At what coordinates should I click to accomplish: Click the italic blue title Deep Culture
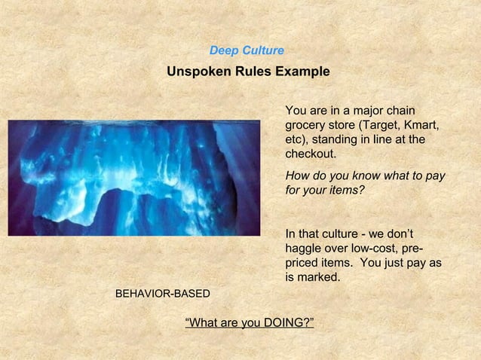pos(247,50)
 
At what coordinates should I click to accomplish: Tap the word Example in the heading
pos(302,72)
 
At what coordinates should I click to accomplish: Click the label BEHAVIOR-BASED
pos(162,292)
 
